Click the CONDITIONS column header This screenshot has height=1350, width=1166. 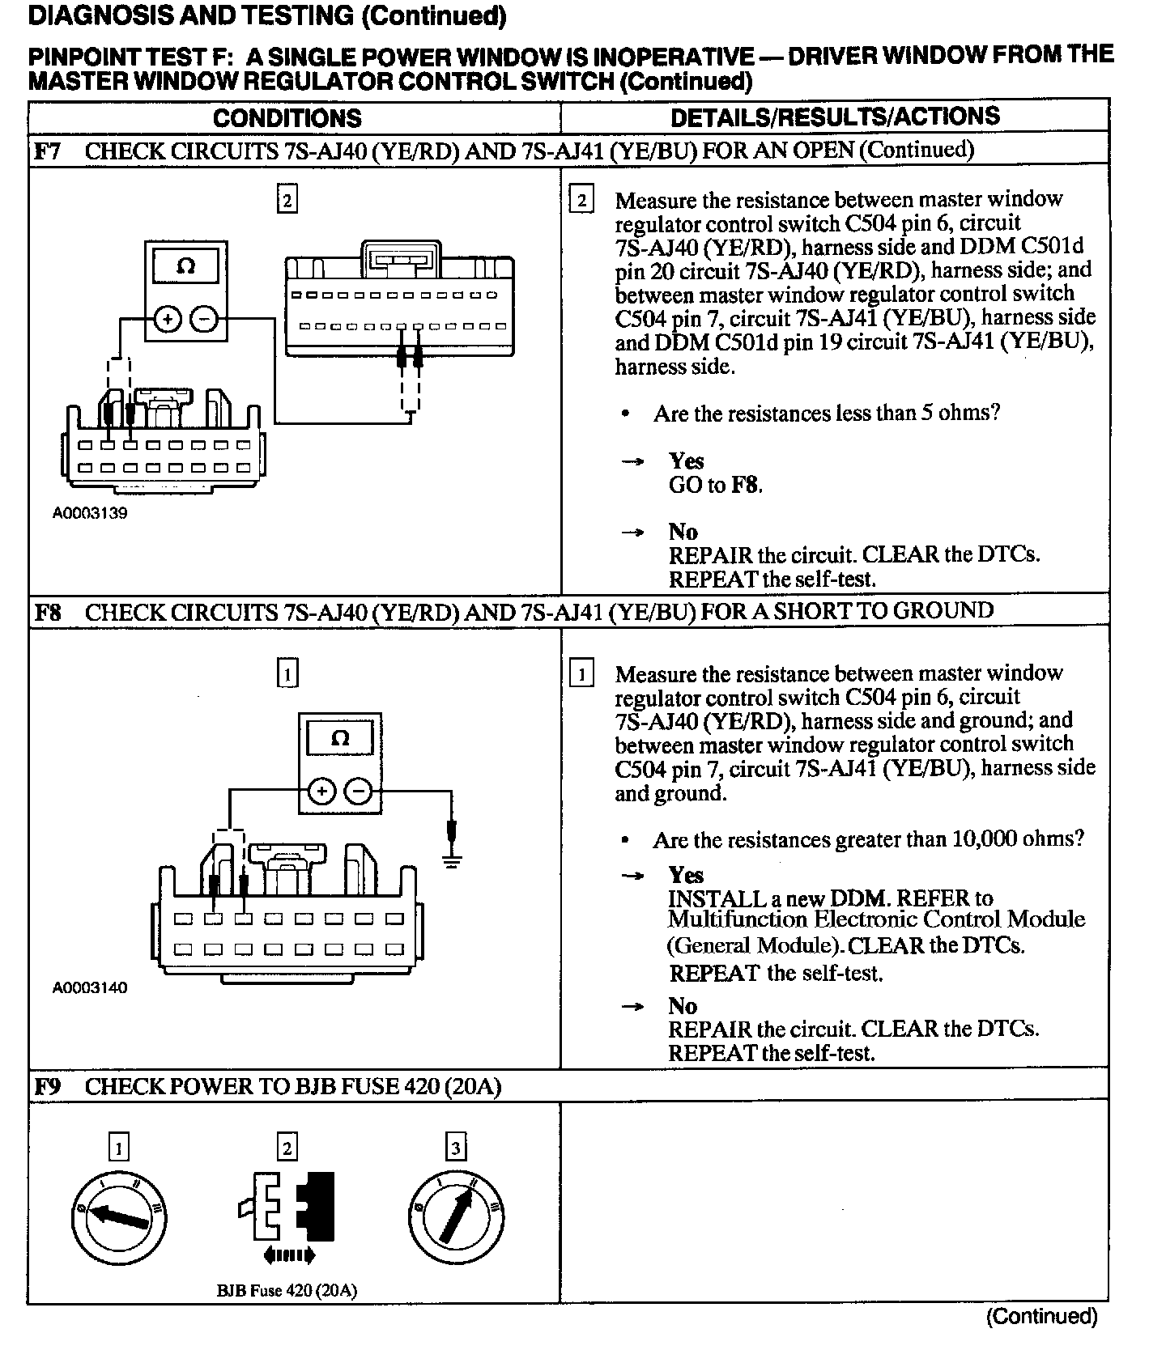(x=287, y=118)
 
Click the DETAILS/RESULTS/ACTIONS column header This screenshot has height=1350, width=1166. (x=835, y=117)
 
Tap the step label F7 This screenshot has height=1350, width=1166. (x=48, y=151)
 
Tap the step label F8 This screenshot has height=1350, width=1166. (x=48, y=612)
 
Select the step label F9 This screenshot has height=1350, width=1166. (x=48, y=1086)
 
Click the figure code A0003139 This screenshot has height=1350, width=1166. (x=90, y=513)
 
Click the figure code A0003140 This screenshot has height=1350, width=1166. (x=90, y=987)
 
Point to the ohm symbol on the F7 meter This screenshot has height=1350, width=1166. (x=185, y=266)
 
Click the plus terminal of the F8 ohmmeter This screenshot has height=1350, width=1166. (x=321, y=791)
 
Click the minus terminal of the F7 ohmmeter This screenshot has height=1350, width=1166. (x=203, y=321)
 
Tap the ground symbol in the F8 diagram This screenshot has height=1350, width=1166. (x=452, y=860)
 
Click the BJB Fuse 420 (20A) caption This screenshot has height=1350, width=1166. (x=287, y=1290)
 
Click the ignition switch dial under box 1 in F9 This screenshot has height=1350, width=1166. (x=119, y=1218)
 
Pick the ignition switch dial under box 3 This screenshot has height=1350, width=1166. (x=457, y=1218)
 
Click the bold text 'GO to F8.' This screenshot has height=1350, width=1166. (x=716, y=485)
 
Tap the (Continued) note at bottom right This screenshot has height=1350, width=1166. (x=1041, y=1316)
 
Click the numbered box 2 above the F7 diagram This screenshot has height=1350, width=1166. (x=287, y=199)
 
